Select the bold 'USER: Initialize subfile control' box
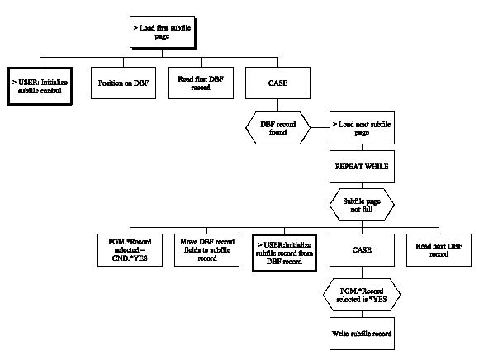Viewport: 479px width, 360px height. pyautogui.click(x=40, y=84)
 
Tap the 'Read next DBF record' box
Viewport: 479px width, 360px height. pyautogui.click(x=439, y=249)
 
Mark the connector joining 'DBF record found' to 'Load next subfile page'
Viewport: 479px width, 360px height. pyautogui.click(x=320, y=127)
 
